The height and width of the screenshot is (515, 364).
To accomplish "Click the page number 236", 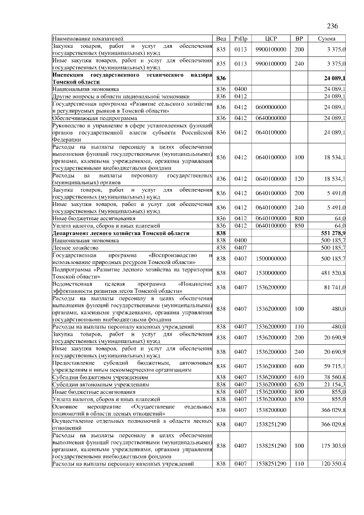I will coord(333,26).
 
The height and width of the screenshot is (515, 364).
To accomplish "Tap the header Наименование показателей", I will coord(83,38).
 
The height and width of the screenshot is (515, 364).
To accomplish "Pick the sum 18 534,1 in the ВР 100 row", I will coord(335,156).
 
